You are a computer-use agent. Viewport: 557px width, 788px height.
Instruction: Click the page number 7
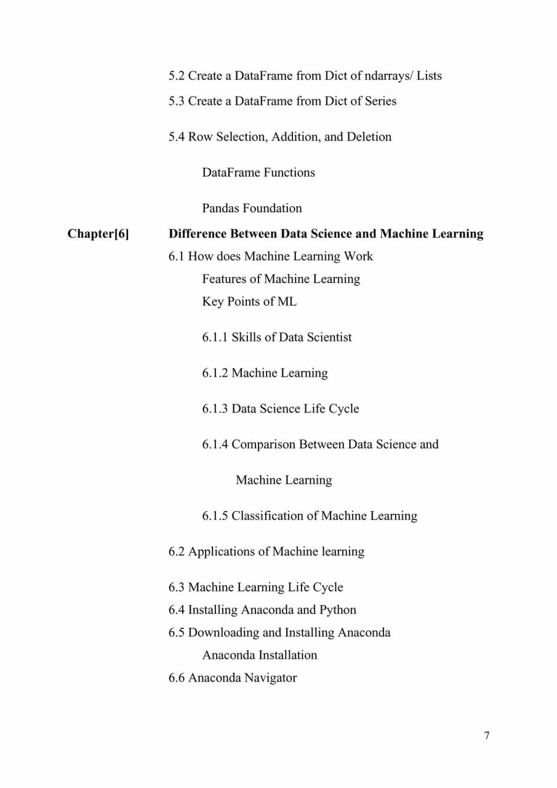pos(487,736)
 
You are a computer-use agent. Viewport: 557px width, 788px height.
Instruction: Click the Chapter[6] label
pos(98,234)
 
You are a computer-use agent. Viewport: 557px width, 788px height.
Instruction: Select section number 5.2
pos(177,76)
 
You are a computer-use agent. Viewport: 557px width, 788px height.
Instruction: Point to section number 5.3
pos(177,101)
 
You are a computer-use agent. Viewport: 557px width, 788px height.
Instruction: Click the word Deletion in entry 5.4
pos(369,137)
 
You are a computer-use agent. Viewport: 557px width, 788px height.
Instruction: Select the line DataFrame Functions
pos(258,172)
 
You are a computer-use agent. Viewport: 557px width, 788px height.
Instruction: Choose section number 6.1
pos(177,256)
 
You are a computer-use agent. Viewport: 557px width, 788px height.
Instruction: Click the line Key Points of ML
pos(249,302)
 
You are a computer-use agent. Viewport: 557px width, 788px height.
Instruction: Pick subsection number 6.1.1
pos(215,337)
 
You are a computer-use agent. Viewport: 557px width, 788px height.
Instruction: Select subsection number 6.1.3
pos(215,409)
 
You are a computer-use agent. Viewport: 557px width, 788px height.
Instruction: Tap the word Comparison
pos(263,444)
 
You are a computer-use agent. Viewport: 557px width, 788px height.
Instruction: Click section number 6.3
pos(177,587)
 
